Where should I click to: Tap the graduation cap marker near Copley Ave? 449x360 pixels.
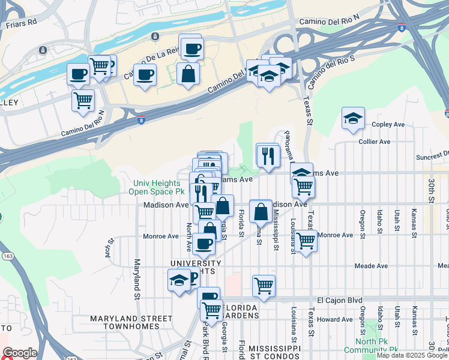[354, 119]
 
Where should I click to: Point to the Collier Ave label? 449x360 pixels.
[374, 142]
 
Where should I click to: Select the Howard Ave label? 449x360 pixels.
[335, 319]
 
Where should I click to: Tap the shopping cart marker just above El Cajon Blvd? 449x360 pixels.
[264, 286]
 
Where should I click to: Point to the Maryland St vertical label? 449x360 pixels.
[137, 280]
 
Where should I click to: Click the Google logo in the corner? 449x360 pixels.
[19, 353]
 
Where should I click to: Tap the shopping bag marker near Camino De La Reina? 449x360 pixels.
[188, 74]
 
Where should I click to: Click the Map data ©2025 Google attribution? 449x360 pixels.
[412, 356]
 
